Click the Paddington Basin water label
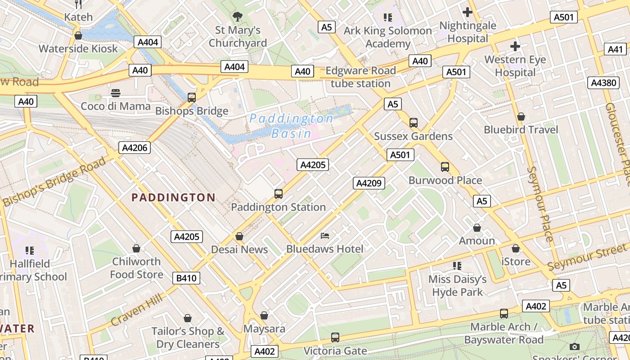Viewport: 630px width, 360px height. point(291,126)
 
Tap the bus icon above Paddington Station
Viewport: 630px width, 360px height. point(279,194)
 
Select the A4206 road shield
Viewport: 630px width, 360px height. point(134,148)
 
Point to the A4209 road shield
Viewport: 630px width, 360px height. point(369,183)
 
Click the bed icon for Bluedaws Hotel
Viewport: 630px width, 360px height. point(325,235)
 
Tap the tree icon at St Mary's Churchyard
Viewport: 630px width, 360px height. point(237,17)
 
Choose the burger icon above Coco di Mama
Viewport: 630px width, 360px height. point(116,93)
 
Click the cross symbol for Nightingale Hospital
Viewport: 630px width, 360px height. point(468,12)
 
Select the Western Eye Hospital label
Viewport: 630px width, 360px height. point(515,66)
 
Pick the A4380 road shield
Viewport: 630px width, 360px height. point(603,83)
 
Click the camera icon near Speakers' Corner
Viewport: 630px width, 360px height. point(574,346)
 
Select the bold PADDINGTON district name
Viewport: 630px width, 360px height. point(173,198)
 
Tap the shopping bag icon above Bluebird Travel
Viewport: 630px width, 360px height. point(521,117)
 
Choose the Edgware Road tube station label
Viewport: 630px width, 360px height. point(360,77)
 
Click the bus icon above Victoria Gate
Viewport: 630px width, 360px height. point(335,337)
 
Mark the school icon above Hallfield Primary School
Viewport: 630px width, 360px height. point(30,250)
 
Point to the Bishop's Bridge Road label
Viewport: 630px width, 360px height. point(54,182)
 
